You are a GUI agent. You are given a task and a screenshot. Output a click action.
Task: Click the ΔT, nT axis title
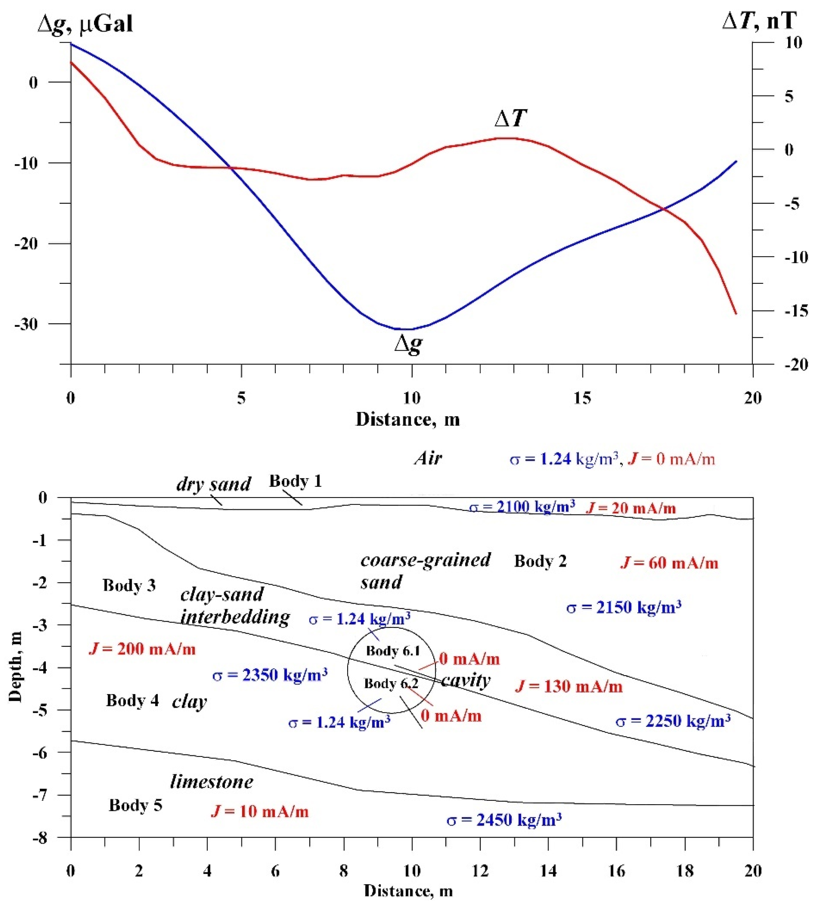tap(759, 20)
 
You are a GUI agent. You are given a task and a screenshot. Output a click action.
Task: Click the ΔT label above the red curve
tap(510, 118)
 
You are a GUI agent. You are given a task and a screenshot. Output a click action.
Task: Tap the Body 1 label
tap(295, 481)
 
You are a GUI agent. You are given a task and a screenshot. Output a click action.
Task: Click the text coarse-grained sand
tap(425, 571)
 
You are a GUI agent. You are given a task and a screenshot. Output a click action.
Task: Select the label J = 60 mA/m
tap(669, 563)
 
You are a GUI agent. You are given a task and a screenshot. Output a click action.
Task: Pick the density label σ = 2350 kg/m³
tap(270, 675)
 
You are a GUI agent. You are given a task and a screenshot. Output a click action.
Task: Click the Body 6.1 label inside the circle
tap(393, 651)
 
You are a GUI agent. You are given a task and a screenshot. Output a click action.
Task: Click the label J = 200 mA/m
tap(142, 649)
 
